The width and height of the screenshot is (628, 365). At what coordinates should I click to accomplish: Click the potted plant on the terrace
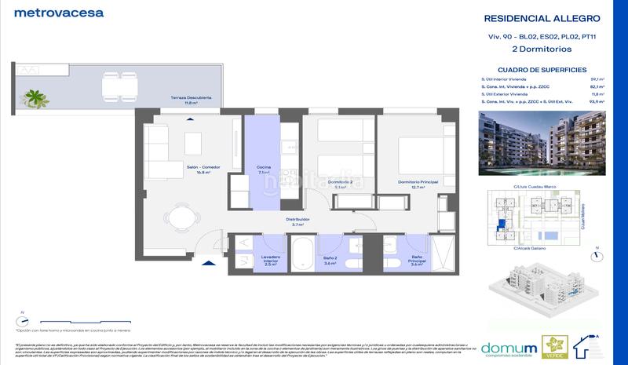pyautogui.click(x=35, y=97)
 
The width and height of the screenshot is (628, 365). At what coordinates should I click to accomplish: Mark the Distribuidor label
pyautogui.click(x=298, y=221)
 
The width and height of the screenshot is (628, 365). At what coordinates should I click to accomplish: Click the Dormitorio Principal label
pyautogui.click(x=411, y=184)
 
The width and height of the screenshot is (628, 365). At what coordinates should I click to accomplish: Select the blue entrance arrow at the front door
pyautogui.click(x=207, y=266)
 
